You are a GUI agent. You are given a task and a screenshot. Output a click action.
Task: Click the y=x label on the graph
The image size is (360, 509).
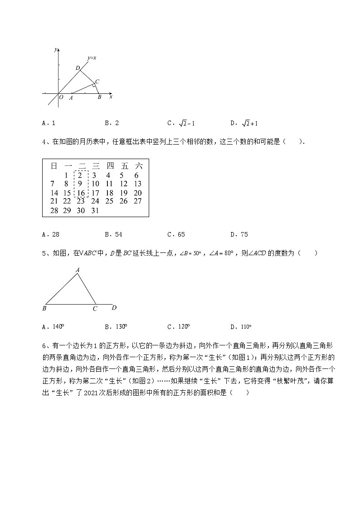92,58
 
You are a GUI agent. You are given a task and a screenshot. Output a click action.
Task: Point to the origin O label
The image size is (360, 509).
61,97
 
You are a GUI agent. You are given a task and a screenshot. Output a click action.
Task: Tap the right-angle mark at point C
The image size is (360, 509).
93,85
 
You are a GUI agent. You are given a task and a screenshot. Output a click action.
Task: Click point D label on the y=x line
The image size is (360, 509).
78,68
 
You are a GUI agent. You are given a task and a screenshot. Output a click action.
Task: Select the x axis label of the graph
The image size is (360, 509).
111,97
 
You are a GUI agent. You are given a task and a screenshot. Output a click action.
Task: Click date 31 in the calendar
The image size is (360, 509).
95,211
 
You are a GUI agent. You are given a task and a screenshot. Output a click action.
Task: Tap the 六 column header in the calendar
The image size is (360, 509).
139,166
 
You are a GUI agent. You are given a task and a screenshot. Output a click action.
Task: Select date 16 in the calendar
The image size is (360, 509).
81,193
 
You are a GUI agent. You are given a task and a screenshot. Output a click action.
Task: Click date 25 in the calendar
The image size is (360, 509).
109,201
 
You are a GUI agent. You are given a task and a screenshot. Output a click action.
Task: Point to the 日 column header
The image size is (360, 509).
53,166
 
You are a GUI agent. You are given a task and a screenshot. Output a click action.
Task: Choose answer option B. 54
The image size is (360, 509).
113,234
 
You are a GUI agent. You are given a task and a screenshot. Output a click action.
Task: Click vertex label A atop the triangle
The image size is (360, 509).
78,270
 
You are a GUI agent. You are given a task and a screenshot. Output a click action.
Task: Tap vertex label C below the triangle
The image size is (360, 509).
95,309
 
